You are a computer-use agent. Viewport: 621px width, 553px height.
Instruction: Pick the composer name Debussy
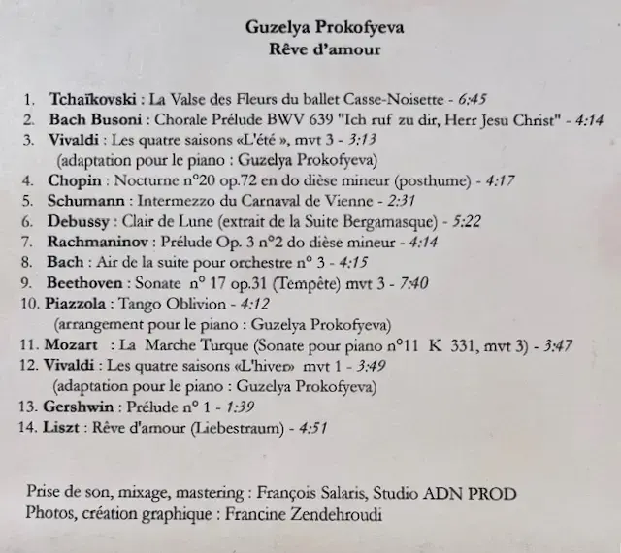(78, 221)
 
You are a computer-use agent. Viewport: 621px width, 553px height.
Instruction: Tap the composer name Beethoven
(83, 282)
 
